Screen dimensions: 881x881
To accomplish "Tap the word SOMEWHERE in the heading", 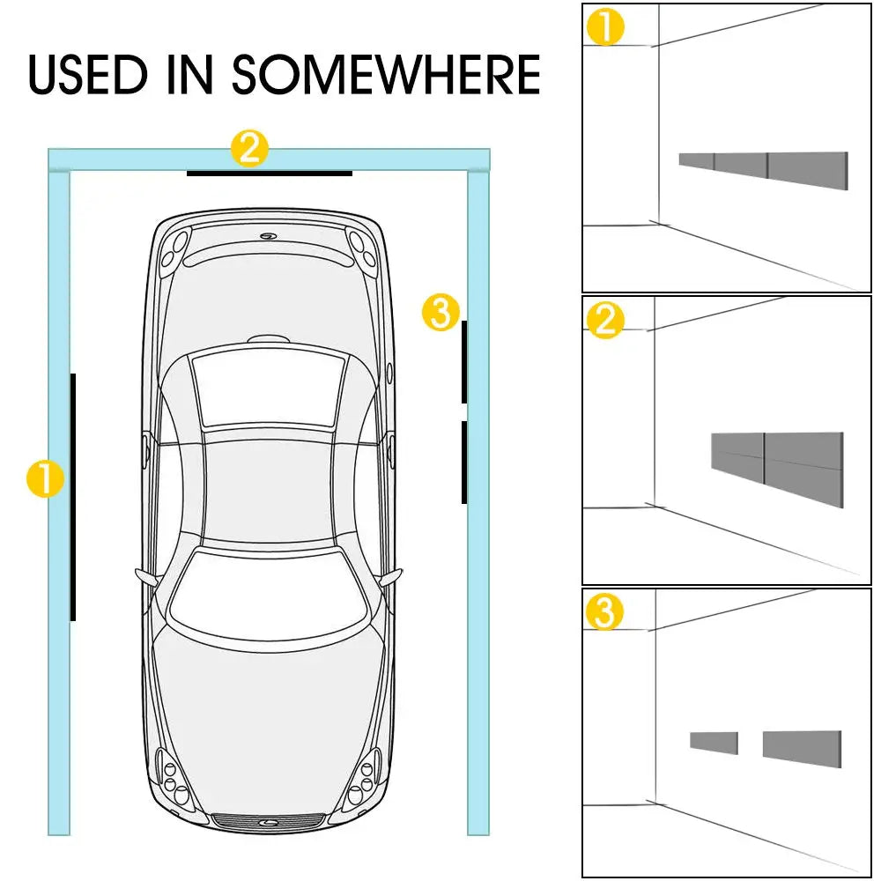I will (x=386, y=74).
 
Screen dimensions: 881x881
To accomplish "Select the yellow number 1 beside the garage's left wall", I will (x=45, y=480).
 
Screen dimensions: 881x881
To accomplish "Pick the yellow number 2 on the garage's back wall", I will (x=249, y=149).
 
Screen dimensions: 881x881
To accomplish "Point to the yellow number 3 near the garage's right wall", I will (x=440, y=312).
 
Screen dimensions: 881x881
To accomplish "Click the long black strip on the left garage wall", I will (x=73, y=497).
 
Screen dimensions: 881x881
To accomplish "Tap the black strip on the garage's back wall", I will (x=269, y=174).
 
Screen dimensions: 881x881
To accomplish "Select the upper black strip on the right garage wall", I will (x=464, y=362).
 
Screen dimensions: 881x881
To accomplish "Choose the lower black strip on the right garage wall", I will (x=464, y=463).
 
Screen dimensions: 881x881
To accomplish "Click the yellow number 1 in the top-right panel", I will (x=605, y=27).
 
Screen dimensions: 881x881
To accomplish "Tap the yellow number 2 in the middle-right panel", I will (x=605, y=320).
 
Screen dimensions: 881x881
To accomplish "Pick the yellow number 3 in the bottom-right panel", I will (x=605, y=612).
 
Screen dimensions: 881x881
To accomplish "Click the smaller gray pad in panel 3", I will (x=714, y=742).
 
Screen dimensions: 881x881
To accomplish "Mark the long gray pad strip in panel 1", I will (x=763, y=165).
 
